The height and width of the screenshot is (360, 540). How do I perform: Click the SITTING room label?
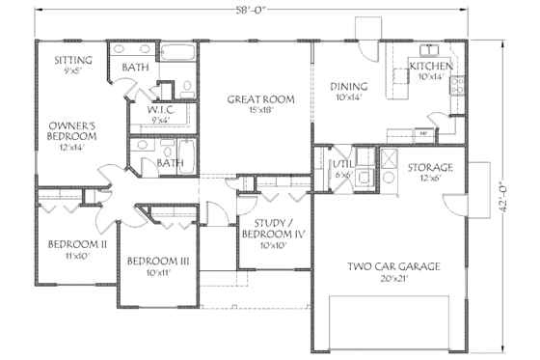[x=73, y=59]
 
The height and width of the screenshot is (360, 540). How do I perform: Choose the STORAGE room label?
[x=429, y=167]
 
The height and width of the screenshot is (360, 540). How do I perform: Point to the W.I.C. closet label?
[x=160, y=110]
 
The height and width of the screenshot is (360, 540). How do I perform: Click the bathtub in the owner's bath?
[x=176, y=55]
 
